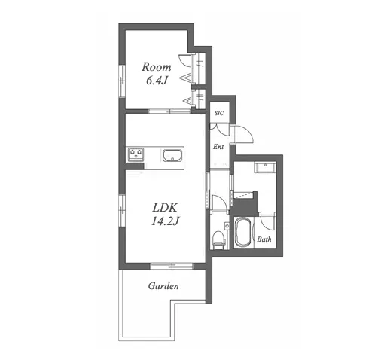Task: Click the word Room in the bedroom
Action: pos(157,67)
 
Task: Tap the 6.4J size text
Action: pos(157,81)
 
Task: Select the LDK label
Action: pos(165,208)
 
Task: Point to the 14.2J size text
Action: pos(165,221)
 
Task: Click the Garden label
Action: pos(163,286)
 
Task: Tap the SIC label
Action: pos(219,113)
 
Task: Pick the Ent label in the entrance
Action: pos(218,147)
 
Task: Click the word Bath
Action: pos(264,239)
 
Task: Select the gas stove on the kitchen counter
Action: pos(136,154)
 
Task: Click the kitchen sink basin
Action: pos(172,156)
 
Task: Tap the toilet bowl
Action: pos(218,240)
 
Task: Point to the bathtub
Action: pos(242,232)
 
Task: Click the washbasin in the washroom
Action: pos(265,167)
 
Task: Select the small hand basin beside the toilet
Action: pos(227,226)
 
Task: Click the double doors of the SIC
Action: pos(220,128)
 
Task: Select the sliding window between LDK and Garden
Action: pos(172,266)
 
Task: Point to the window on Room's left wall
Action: pos(122,81)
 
